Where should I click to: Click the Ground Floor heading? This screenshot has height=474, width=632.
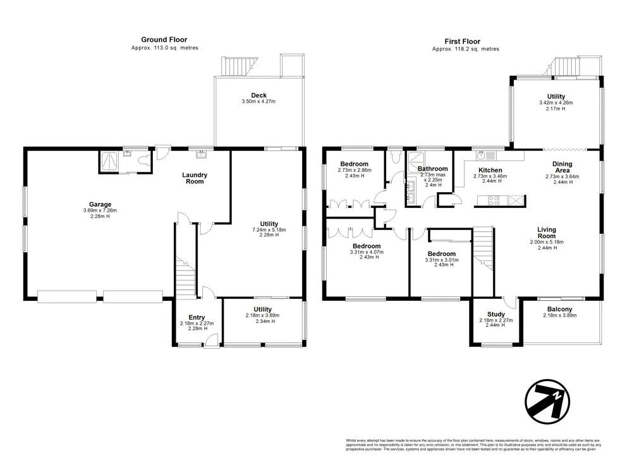[164, 40]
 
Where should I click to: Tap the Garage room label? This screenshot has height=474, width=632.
[100, 204]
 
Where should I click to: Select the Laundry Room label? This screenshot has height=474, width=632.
[195, 178]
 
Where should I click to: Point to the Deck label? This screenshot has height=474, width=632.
[258, 95]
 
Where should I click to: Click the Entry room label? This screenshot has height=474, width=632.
[197, 318]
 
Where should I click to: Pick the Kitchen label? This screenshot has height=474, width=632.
[490, 170]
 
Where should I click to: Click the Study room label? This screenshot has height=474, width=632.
[495, 314]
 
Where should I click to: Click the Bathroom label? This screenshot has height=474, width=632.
[433, 169]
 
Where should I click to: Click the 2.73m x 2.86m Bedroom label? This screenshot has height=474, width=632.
[355, 170]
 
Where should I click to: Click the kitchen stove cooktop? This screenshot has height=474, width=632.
[492, 201]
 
